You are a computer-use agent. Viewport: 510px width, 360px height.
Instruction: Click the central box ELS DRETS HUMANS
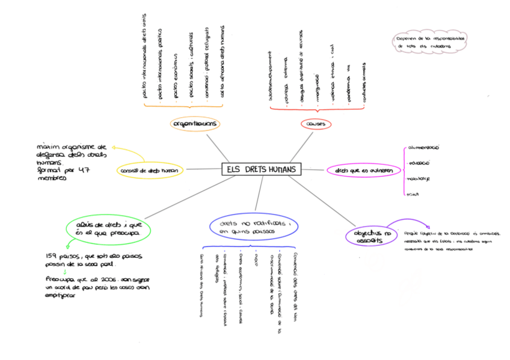tap(261, 170)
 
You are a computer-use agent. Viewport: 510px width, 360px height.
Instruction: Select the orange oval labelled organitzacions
tap(195, 124)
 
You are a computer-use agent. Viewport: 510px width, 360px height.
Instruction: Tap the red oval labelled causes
tap(315, 124)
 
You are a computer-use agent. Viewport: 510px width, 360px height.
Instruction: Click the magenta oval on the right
tap(363, 171)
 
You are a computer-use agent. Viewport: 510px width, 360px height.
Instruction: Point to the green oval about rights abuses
tap(109, 227)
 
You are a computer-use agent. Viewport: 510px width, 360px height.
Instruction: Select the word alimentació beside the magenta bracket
tap(424, 147)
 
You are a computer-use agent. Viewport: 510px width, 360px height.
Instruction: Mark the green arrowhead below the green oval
tap(66, 245)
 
